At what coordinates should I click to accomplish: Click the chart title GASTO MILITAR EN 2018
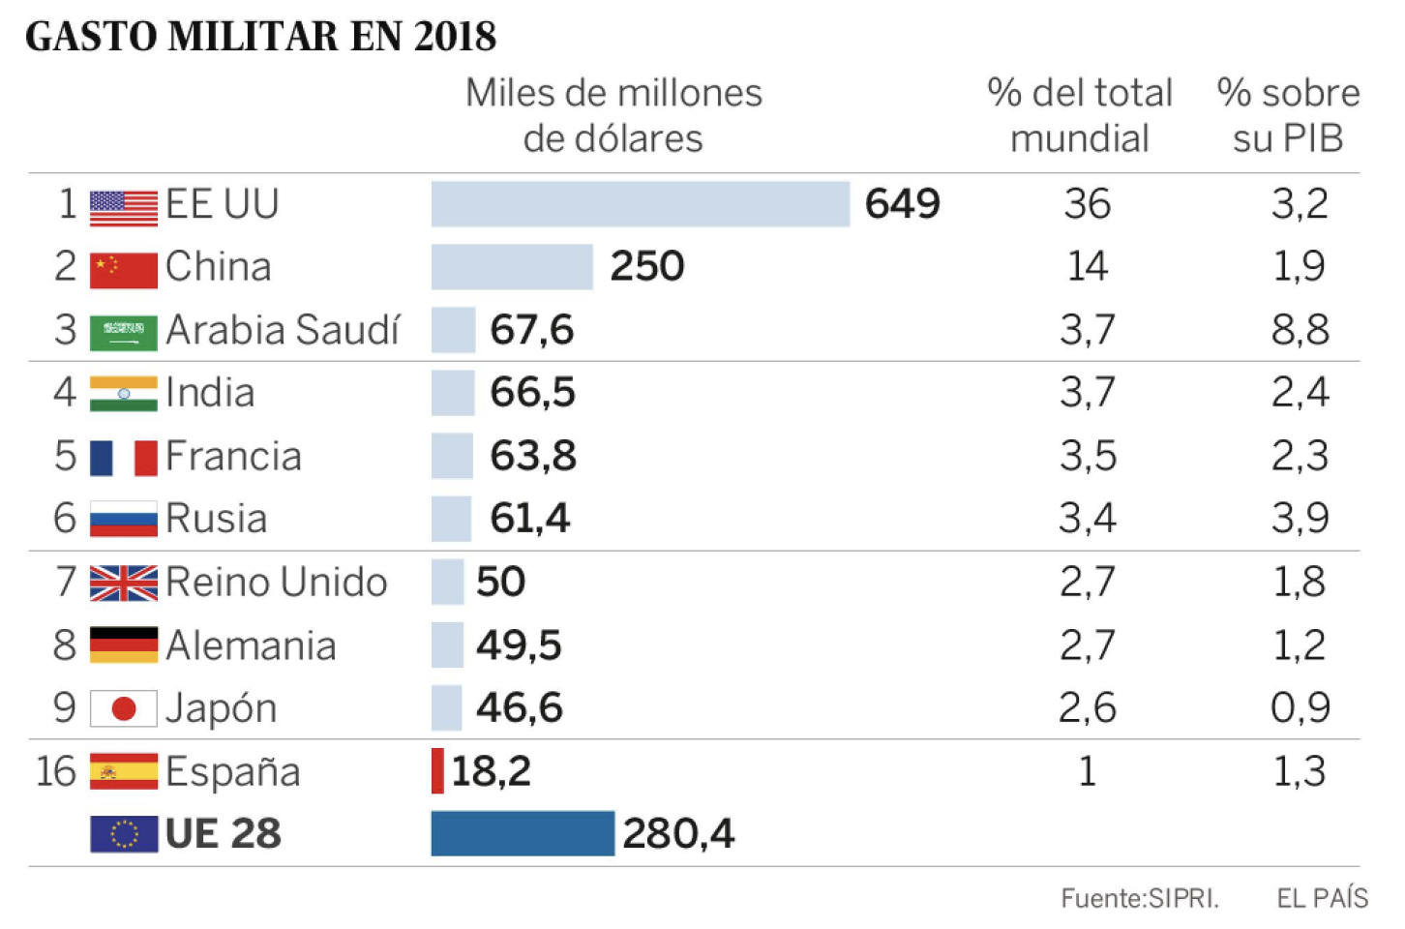tap(260, 37)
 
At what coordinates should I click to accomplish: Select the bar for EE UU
tap(640, 204)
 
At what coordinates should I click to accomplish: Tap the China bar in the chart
tap(511, 266)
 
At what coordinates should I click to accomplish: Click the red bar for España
tap(437, 771)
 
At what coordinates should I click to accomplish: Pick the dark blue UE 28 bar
tap(522, 833)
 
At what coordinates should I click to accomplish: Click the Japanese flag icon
tap(123, 708)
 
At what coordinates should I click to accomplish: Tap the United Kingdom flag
tap(123, 583)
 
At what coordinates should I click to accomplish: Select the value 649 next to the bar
tap(902, 204)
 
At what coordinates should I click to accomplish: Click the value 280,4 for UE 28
tap(678, 833)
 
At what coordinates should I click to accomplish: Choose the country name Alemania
tap(251, 645)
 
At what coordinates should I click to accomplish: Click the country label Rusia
tap(216, 519)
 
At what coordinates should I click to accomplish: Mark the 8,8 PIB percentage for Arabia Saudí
tap(1300, 330)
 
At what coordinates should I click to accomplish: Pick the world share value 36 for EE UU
tap(1087, 204)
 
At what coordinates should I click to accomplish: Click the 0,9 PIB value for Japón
tap(1300, 708)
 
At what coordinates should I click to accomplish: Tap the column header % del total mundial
tap(1080, 116)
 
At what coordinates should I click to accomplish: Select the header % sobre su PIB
tap(1288, 116)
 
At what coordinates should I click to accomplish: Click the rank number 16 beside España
tap(55, 771)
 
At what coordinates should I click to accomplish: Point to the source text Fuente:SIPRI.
tap(1139, 898)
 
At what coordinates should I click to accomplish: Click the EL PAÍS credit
tap(1322, 898)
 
